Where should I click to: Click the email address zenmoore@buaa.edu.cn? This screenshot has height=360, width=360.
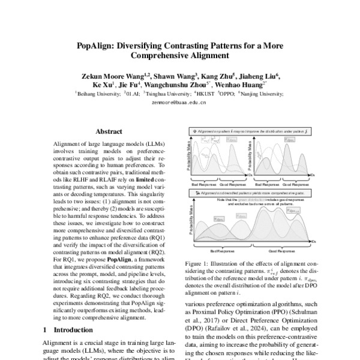179,103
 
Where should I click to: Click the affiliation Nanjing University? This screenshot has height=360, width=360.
261,94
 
